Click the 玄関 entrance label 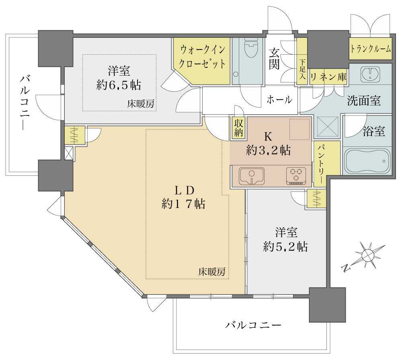click(x=275, y=59)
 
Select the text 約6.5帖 click(x=119, y=85)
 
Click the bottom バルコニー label click(x=253, y=325)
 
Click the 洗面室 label click(x=364, y=101)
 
